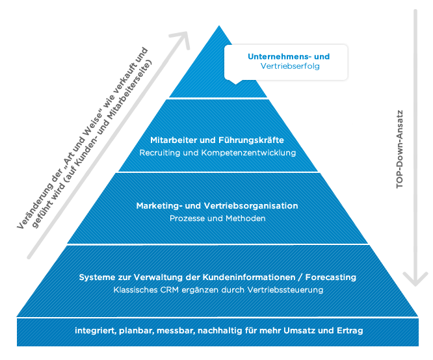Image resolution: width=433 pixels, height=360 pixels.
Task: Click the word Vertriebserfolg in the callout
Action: click(290, 66)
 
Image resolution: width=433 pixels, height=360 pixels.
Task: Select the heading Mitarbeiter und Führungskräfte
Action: click(217, 140)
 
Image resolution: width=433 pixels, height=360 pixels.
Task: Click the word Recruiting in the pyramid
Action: click(159, 153)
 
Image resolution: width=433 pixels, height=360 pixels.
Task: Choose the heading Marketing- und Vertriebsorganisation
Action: click(217, 206)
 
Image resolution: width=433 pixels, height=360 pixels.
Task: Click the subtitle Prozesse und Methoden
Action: click(217, 218)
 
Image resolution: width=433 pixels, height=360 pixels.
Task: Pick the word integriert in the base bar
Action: click(94, 331)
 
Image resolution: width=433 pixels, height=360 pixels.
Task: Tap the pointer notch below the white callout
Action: click(235, 82)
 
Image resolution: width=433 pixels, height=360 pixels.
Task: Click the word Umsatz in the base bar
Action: click(300, 331)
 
